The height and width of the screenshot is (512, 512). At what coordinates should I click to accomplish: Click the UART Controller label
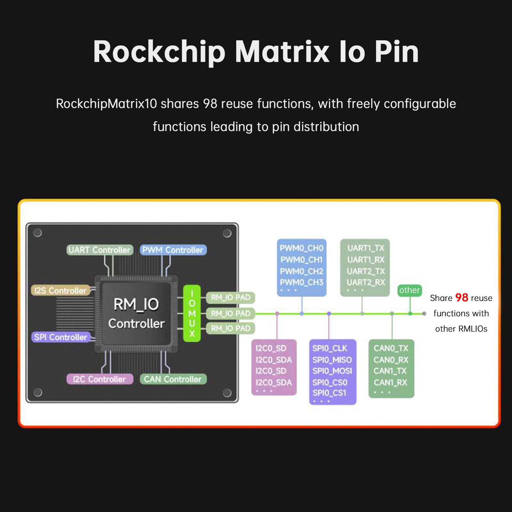[100, 250]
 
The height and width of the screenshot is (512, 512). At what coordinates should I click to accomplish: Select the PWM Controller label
[173, 250]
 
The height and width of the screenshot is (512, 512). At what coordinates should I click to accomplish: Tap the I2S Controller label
[60, 291]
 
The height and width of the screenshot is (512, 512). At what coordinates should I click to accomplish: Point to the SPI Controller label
[60, 337]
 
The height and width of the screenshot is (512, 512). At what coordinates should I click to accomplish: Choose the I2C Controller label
[100, 379]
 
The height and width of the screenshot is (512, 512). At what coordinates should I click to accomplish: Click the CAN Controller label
[173, 379]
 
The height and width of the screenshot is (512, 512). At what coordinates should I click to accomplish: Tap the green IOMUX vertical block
[192, 314]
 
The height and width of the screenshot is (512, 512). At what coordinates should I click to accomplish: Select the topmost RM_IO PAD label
[230, 298]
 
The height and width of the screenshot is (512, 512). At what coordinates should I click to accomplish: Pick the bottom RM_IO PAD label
[230, 328]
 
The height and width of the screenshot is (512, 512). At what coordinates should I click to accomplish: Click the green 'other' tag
[410, 290]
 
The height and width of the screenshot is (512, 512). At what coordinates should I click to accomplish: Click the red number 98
[461, 298]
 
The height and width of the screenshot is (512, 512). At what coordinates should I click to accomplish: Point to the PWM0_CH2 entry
[301, 271]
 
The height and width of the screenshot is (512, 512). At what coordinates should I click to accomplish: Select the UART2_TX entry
[366, 271]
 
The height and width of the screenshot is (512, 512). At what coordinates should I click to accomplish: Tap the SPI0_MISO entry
[332, 360]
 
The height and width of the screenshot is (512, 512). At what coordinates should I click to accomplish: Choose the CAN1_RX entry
[390, 382]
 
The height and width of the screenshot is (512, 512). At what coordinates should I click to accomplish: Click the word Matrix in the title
[282, 52]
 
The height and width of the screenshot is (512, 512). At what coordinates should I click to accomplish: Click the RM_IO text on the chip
[136, 304]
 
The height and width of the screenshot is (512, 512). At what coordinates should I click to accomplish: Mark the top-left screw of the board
[38, 233]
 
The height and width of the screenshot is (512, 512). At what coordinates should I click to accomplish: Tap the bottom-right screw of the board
[227, 393]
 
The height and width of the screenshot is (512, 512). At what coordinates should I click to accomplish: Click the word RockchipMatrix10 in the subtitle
[106, 104]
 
